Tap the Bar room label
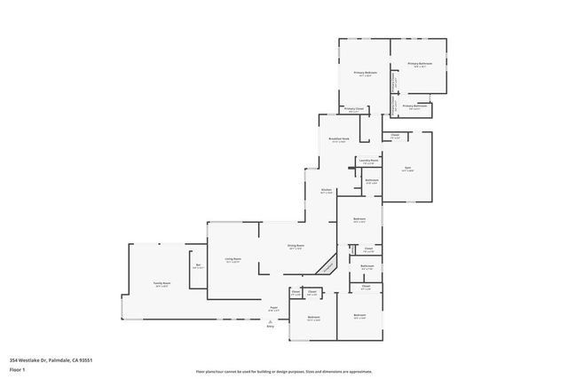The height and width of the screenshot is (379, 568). tap(198, 265)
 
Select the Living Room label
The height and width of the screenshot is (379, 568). tap(233, 260)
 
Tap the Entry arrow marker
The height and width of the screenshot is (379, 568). tap(271, 320)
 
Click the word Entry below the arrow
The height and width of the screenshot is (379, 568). tap(271, 327)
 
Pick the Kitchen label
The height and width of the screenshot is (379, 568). tap(326, 191)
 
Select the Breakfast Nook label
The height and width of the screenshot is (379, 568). tap(337, 139)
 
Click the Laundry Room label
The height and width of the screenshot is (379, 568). tap(367, 162)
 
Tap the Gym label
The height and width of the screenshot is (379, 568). tap(407, 169)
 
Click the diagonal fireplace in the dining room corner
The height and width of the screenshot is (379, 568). tap(328, 265)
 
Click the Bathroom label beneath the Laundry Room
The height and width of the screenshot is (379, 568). tap(372, 181)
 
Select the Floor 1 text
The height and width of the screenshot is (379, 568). tap(18, 368)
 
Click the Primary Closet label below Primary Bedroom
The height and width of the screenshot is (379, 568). tap(354, 110)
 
